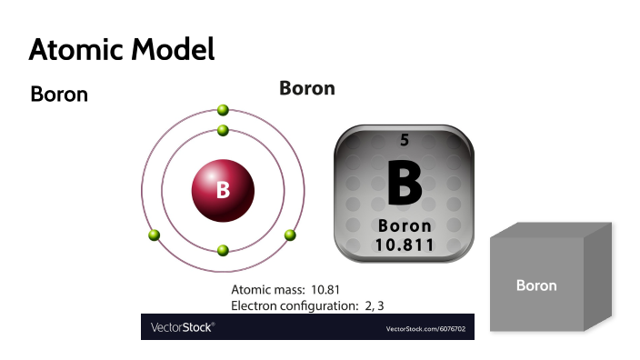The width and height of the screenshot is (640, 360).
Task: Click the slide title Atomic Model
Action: pyautogui.click(x=122, y=49)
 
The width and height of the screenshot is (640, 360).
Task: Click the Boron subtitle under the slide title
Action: pyautogui.click(x=59, y=94)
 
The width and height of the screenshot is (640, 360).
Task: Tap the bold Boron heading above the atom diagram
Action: pyautogui.click(x=307, y=88)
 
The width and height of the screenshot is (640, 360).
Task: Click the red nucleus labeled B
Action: pyautogui.click(x=223, y=192)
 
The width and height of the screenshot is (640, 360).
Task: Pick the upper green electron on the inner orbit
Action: pyautogui.click(x=223, y=130)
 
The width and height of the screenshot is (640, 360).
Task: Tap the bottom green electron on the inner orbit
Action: pyautogui.click(x=223, y=250)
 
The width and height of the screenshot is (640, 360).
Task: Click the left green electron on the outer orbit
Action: pyautogui.click(x=155, y=235)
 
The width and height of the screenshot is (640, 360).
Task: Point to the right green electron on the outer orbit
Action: pyautogui.click(x=290, y=235)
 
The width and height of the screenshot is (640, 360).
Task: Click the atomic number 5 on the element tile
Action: pyautogui.click(x=405, y=141)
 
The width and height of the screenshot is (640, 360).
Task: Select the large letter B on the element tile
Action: pyautogui.click(x=405, y=184)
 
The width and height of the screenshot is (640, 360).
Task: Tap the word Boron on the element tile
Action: pyautogui.click(x=405, y=225)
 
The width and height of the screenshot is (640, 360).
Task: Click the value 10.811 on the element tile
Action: pyautogui.click(x=405, y=245)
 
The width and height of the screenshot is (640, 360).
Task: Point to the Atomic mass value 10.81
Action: pyautogui.click(x=334, y=290)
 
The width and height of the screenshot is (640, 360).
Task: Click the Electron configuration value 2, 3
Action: pyautogui.click(x=379, y=305)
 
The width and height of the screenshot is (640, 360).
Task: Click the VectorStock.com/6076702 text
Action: pyautogui.click(x=425, y=327)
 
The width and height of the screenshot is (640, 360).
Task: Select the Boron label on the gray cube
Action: pyautogui.click(x=536, y=285)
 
